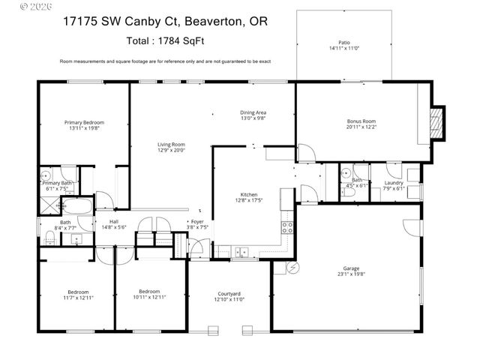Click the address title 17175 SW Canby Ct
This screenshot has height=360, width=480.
pyautogui.click(x=165, y=22)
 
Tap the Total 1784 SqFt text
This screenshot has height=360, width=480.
pyautogui.click(x=165, y=42)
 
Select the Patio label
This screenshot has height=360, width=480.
pyautogui.click(x=344, y=43)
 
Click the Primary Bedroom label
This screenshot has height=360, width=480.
pyautogui.click(x=84, y=122)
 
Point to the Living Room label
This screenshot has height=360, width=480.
pyautogui.click(x=171, y=145)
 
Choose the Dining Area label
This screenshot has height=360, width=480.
pyautogui.click(x=253, y=112)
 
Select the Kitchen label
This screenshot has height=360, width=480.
pyautogui.click(x=248, y=194)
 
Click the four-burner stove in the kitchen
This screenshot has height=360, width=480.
pyautogui.click(x=286, y=224)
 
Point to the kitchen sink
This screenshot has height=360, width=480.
pyautogui.click(x=241, y=251)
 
